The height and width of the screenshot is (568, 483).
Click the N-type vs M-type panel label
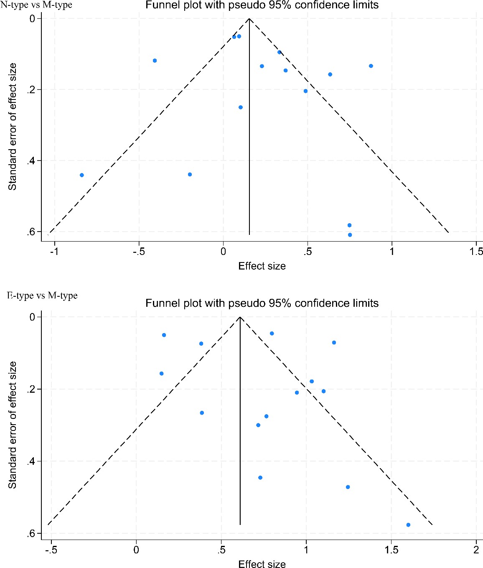pos(36,5)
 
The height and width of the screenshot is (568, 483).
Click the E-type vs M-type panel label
pos(42,295)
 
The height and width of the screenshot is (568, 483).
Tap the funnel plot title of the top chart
pos(262,5)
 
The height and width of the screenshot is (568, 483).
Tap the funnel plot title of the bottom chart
pos(262,303)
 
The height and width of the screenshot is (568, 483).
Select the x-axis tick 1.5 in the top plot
pos(476,252)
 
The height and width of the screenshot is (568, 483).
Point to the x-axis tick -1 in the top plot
pos(53,252)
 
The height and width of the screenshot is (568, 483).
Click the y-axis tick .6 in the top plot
pos(31,232)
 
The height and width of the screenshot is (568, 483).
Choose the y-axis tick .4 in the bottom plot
pos(31,461)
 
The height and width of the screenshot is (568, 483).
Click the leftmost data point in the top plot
pos(82,175)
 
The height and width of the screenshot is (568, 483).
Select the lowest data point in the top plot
pos(350,235)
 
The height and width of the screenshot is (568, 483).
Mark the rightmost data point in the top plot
pos(371,66)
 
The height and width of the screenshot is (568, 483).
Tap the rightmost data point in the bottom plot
pos(408,525)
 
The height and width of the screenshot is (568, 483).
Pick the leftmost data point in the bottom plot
pos(161,374)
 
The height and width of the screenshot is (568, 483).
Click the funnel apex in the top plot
pos(249,18)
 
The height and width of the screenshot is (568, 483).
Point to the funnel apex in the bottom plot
pos(240,317)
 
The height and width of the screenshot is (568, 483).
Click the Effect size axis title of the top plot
pos(262,266)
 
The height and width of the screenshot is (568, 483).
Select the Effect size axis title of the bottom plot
pos(262,564)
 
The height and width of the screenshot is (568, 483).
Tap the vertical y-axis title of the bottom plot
pos(13,425)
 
